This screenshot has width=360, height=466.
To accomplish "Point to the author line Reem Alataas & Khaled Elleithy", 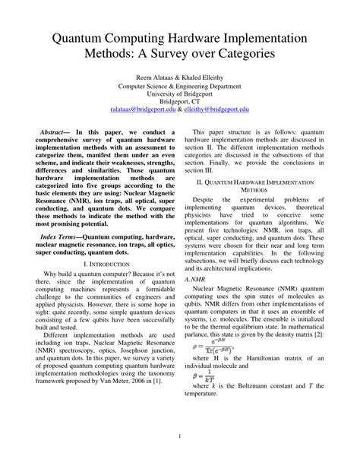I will [179, 78].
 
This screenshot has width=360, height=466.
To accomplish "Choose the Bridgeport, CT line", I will [179, 101].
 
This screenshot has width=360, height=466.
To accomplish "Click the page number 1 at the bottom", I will [179, 436].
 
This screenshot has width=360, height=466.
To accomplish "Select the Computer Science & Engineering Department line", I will [179, 86].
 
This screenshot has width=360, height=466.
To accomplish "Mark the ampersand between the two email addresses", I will [179, 109].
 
